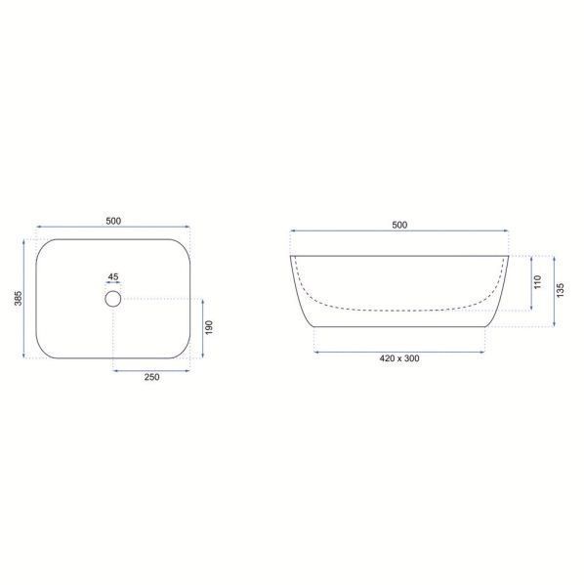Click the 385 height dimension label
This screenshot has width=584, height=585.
[x=19, y=298]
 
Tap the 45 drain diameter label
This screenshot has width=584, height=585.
[x=113, y=276]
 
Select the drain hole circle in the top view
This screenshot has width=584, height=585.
[x=112, y=299]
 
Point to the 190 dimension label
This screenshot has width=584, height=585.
[x=209, y=327]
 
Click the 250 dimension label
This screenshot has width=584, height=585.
[x=152, y=377]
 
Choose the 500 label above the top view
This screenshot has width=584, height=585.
[x=113, y=222]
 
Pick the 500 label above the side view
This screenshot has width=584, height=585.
[x=399, y=225]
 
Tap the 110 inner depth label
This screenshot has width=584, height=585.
[x=538, y=282]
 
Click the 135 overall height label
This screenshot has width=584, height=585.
[x=561, y=290]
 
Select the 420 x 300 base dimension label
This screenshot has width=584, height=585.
[x=399, y=358]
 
